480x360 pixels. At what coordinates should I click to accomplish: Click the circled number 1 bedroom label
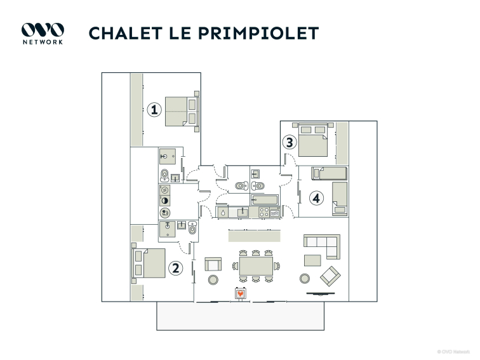153,109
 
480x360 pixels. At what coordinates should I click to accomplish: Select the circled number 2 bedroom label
176,269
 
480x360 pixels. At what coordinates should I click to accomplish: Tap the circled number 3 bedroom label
290,142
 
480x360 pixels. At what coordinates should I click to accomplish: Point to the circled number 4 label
316,198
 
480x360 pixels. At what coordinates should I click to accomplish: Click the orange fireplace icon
241,294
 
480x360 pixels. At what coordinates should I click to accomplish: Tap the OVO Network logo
43,33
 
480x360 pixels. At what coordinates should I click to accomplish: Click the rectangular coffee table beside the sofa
312,260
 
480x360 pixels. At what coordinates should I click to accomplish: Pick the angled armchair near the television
330,276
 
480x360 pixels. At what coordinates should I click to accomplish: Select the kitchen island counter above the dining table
255,235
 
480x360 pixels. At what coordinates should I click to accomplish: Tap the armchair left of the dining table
213,264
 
